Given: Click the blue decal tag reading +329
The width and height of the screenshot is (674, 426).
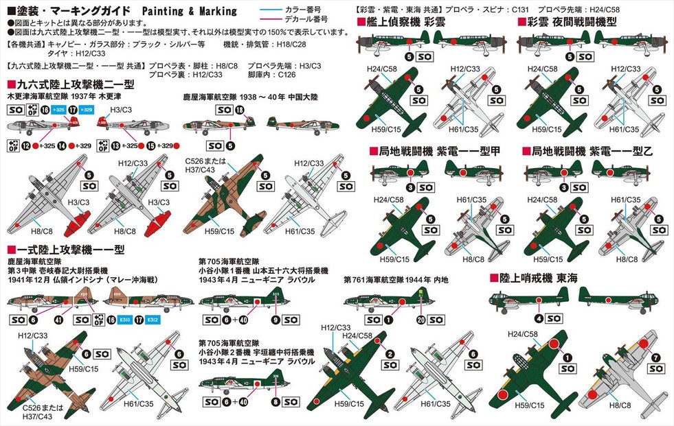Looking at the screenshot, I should click(x=87, y=110).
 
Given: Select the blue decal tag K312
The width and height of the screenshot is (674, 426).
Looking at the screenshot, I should click(x=154, y=319).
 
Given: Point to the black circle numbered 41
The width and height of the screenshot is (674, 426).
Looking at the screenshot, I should click(x=58, y=319).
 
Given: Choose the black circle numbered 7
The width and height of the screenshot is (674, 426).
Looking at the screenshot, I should click(x=656, y=357).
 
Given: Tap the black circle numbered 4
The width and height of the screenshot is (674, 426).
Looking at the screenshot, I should click(x=539, y=318).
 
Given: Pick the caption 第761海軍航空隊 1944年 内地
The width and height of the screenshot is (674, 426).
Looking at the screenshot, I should click(x=396, y=280).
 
